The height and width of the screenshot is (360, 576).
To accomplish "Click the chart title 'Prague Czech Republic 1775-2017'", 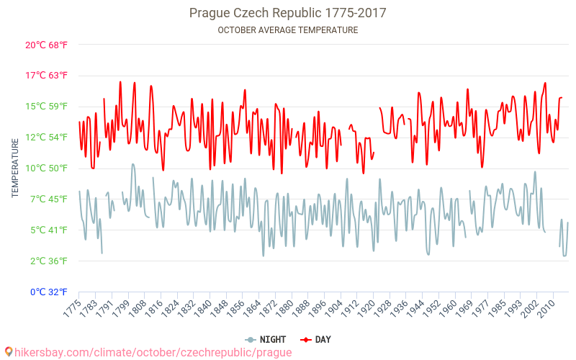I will click(x=287, y=13).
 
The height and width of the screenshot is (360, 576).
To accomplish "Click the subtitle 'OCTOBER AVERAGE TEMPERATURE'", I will click(x=287, y=30).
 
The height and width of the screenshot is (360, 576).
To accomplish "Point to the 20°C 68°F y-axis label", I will click(x=46, y=45).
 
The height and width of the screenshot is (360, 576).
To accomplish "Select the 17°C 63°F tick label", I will click(x=46, y=76).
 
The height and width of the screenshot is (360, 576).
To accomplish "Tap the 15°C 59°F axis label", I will click(x=46, y=107).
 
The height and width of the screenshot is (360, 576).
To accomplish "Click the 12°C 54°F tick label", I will click(x=46, y=138).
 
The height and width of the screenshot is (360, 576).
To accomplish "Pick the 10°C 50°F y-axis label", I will click(x=46, y=168).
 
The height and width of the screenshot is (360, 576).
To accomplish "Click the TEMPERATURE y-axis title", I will click(x=15, y=168).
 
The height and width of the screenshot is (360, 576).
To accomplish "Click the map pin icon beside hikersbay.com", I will click(x=8, y=352).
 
